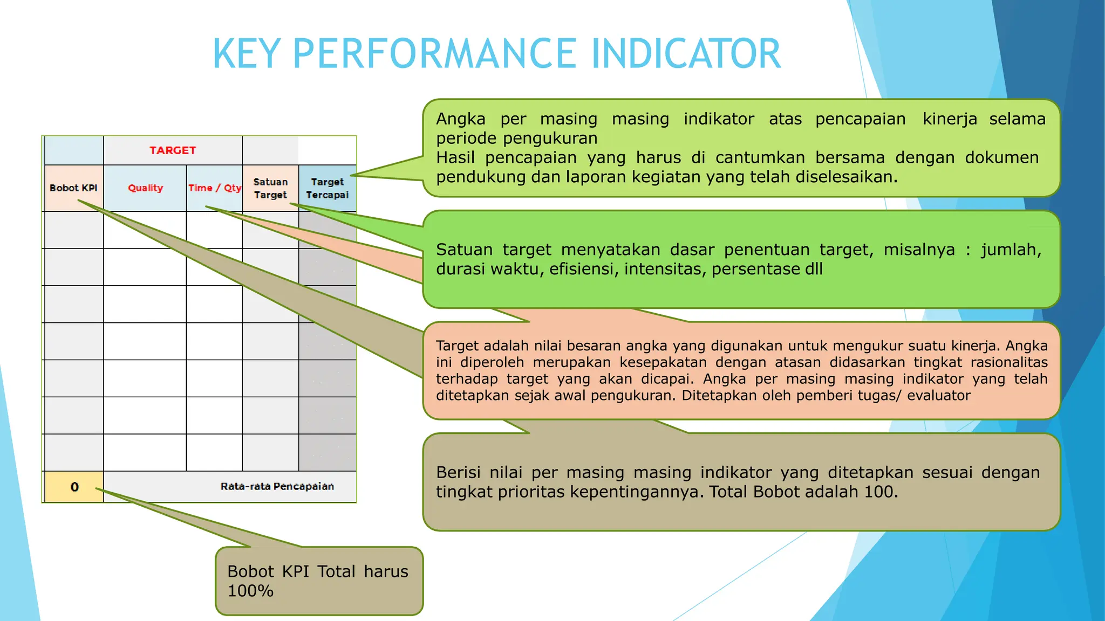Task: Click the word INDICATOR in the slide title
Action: click(686, 54)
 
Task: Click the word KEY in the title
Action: click(247, 54)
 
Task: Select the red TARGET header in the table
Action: click(173, 150)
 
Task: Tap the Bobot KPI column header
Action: click(73, 188)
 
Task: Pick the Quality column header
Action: click(145, 188)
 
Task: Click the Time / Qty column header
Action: click(215, 188)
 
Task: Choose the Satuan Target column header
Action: click(270, 188)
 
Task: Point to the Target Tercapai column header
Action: click(327, 188)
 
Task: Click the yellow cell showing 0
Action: click(74, 487)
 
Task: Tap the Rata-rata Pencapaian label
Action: click(277, 486)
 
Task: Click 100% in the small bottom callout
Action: click(250, 591)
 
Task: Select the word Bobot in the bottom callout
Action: click(250, 571)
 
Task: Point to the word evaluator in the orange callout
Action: click(939, 396)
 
